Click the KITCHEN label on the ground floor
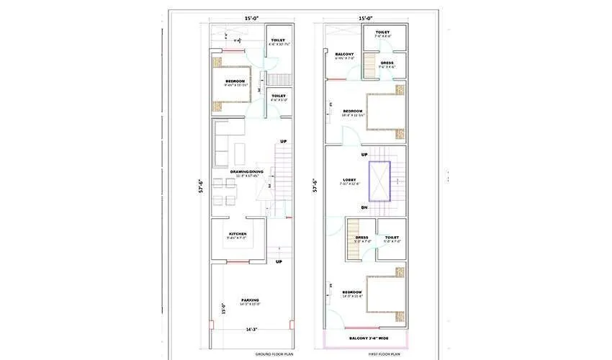[238, 234]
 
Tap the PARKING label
[250, 300]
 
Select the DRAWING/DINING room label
[246, 171]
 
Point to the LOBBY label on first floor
[348, 179]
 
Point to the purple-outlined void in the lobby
[379, 181]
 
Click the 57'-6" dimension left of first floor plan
[315, 186]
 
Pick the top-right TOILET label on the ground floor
[277, 40]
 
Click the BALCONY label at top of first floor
[343, 54]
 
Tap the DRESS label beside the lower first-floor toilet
[361, 237]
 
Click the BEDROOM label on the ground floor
[236, 81]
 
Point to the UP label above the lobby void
[364, 155]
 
